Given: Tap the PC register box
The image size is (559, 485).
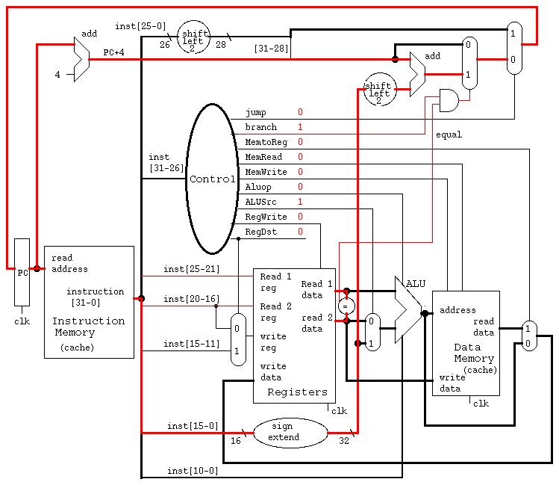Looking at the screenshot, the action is [x=22, y=272].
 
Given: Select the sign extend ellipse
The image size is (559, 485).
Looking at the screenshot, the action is [x=290, y=433].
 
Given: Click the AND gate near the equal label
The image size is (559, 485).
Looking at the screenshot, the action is [x=449, y=100].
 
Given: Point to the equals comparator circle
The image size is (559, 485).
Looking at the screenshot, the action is [x=346, y=306].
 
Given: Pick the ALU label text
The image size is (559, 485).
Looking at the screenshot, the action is [x=416, y=284].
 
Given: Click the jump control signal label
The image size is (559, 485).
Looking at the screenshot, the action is [x=255, y=112].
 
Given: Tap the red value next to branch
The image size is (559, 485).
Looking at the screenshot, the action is [x=300, y=127].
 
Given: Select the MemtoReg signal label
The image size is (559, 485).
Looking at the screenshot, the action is [x=266, y=142].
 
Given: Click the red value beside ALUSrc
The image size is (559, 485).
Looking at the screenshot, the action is [x=300, y=202].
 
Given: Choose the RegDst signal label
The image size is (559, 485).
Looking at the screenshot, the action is [x=260, y=232].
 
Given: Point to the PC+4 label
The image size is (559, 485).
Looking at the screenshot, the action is [x=113, y=52].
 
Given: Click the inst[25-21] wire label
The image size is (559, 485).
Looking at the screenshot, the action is [x=192, y=269].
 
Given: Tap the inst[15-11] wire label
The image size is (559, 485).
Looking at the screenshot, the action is [x=192, y=344].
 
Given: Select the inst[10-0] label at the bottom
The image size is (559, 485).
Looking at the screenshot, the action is [x=193, y=471].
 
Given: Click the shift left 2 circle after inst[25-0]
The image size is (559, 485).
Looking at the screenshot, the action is [x=193, y=37].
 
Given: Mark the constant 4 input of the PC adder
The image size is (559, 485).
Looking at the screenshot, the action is [x=57, y=74].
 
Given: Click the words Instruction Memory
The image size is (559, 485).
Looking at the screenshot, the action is [x=88, y=327].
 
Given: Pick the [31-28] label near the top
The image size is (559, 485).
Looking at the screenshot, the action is [x=271, y=48].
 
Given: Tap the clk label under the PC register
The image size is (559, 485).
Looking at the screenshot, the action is [x=22, y=321].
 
